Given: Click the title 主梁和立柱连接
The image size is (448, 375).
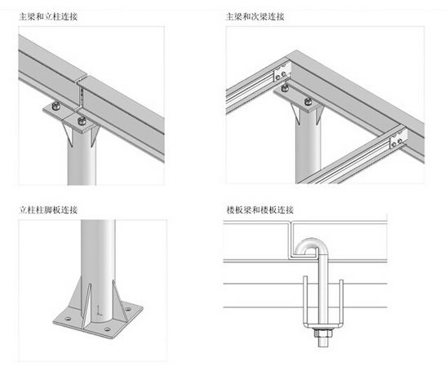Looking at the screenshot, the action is (x=48, y=16).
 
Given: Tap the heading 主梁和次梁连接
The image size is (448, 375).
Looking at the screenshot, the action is (x=255, y=16).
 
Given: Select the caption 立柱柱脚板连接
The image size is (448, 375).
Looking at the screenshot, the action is (x=48, y=210).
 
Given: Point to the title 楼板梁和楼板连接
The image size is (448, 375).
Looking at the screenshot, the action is (x=260, y=210).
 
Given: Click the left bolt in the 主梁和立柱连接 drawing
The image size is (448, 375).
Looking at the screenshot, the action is (x=56, y=106).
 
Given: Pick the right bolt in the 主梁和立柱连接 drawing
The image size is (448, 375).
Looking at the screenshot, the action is (x=82, y=121).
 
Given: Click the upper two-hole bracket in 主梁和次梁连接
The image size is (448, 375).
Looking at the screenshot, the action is (x=282, y=73).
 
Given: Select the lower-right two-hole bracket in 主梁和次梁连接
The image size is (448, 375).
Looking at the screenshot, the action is (x=398, y=139).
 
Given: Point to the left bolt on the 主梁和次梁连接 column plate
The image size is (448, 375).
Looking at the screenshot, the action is (x=285, y=88).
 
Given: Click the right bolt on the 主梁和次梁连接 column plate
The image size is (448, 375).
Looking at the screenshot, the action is (x=308, y=101).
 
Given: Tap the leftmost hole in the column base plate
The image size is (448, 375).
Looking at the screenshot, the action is (x=68, y=318).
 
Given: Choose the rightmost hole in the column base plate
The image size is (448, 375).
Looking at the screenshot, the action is (x=128, y=309).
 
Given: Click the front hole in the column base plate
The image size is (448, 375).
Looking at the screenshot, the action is (x=108, y=329).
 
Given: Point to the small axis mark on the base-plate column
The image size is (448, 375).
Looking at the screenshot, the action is (x=99, y=310).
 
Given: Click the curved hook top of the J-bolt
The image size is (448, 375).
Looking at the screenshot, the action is (x=308, y=244).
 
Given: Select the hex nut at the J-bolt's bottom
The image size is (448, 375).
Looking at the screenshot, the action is (x=322, y=333).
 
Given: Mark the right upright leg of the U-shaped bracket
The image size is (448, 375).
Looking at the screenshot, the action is (x=341, y=302).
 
